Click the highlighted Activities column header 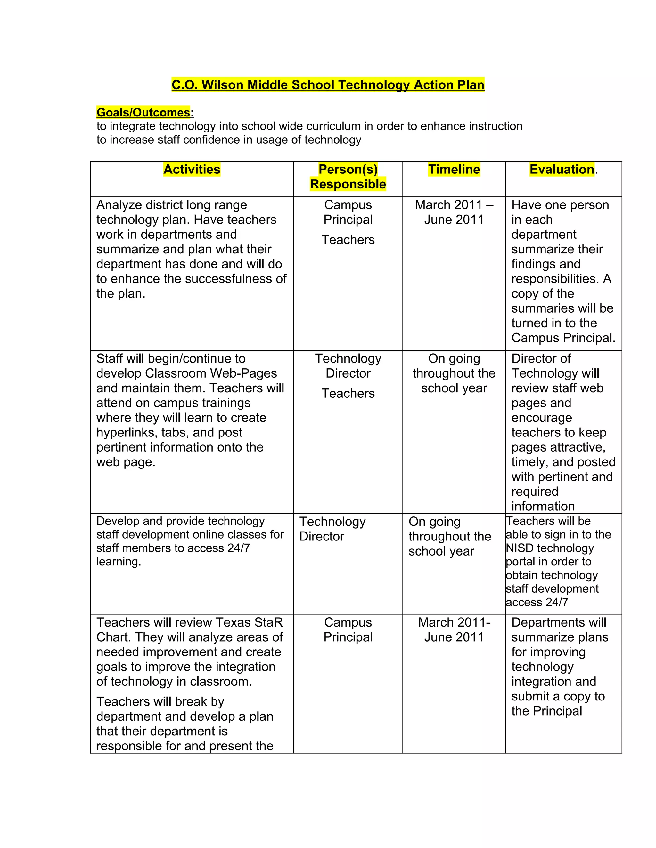(x=192, y=169)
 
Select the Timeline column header (x=454, y=169)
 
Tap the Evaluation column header (x=562, y=169)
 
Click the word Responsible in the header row (x=348, y=184)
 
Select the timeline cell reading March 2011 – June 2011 (x=454, y=212)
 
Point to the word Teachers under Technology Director (x=348, y=393)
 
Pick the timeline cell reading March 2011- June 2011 (x=454, y=630)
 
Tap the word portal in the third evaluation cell (x=520, y=562)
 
